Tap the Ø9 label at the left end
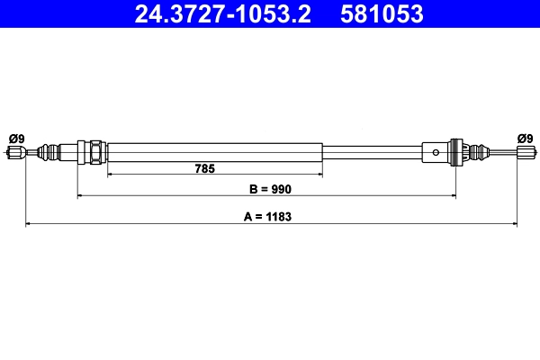tap(16, 138)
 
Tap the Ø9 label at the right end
tap(525, 138)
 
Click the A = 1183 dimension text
tap(270, 217)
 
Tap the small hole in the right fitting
tap(436, 152)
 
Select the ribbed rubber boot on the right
tap(479, 152)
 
